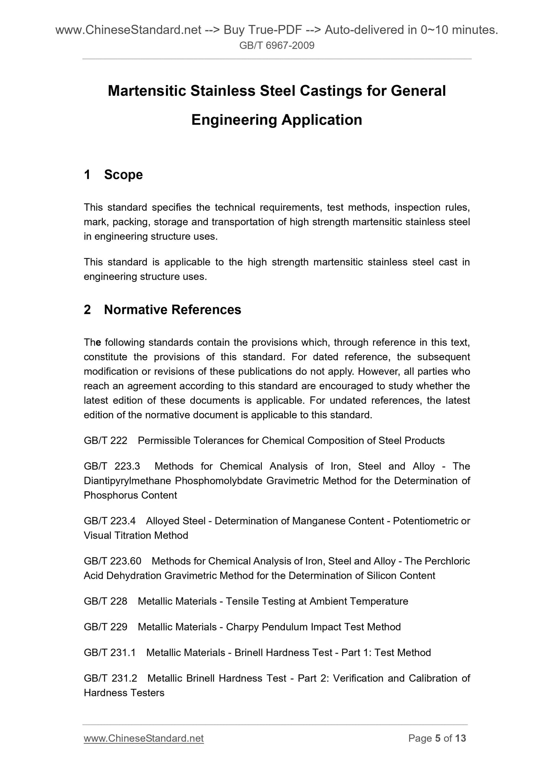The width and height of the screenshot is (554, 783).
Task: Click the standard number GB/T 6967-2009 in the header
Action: coord(277,46)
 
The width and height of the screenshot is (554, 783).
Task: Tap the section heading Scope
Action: coord(123,175)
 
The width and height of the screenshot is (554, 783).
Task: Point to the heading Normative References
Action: coord(173,310)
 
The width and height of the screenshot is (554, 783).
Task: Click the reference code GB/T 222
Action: coord(105,441)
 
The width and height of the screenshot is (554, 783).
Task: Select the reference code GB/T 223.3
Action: coord(112,466)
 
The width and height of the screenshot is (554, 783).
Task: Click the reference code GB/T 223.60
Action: coord(112,561)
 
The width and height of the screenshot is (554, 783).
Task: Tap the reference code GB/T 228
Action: coord(105,601)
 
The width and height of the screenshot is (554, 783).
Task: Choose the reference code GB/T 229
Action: coord(105,627)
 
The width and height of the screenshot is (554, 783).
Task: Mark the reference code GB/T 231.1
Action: coord(110,653)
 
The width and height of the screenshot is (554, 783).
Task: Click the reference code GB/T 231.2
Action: coord(110,678)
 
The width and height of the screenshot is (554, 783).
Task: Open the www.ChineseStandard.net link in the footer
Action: coord(144,738)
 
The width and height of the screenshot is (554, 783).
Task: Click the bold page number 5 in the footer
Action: coord(438,738)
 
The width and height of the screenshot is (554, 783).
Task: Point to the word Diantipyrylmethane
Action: coord(128,481)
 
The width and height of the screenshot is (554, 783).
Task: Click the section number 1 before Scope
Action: coord(87,175)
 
